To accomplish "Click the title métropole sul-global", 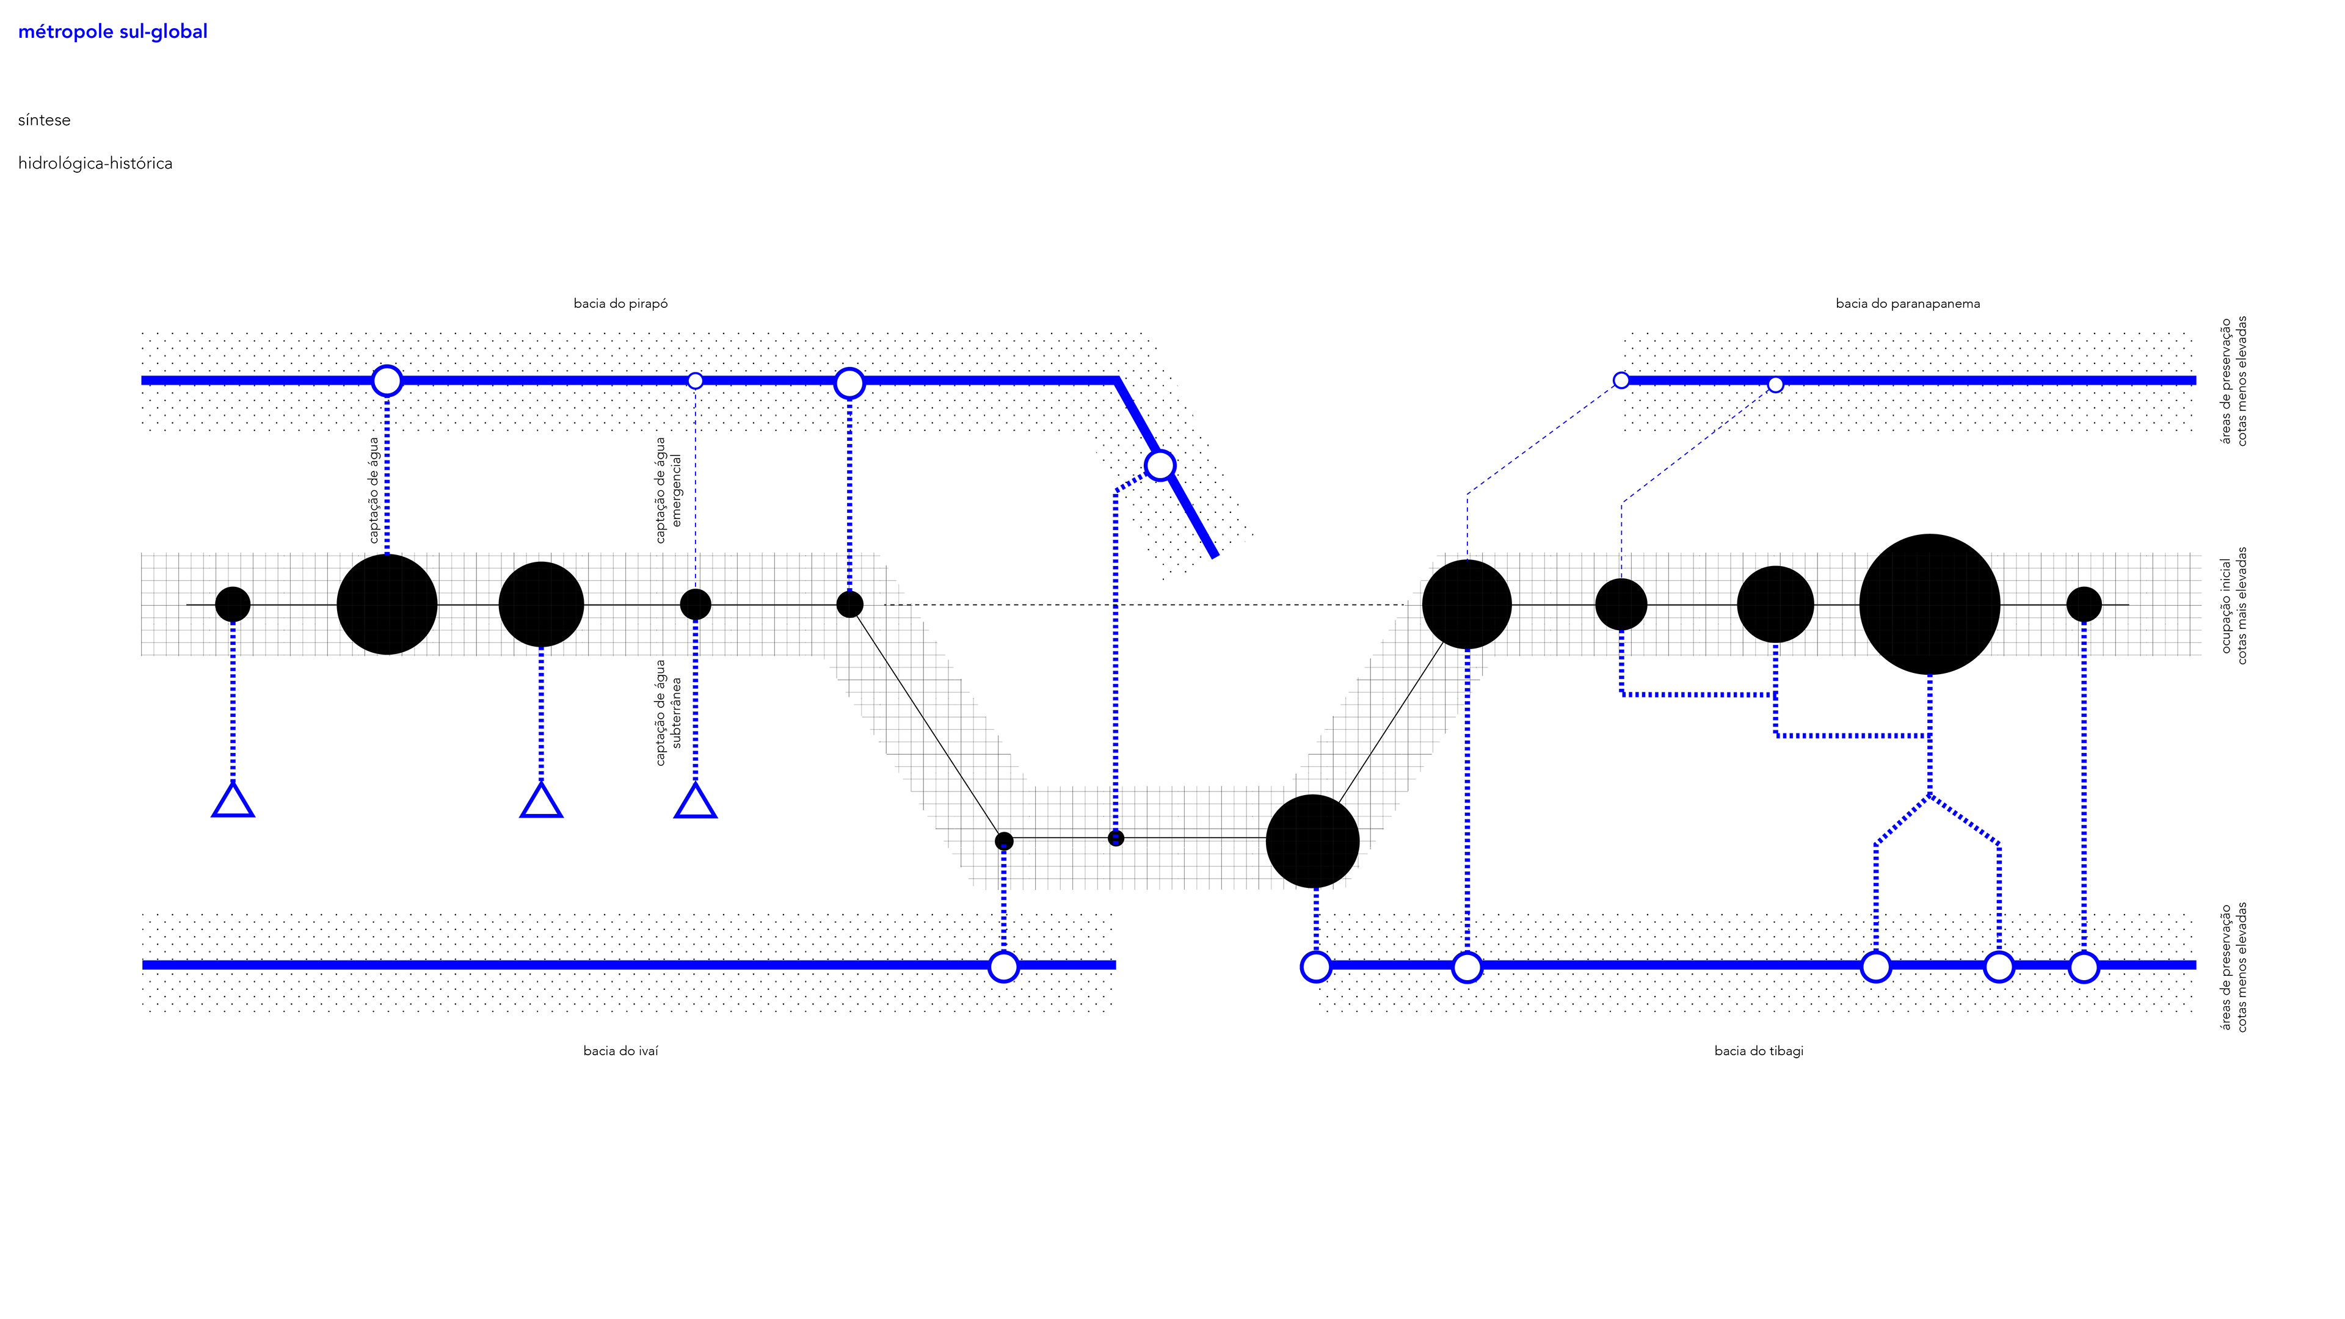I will [113, 32].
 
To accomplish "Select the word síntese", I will [44, 120].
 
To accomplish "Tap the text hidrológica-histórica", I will [95, 164].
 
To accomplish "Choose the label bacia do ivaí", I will [620, 1050].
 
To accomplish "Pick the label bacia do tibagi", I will [1758, 1050].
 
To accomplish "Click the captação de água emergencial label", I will [668, 490].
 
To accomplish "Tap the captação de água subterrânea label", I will [668, 713].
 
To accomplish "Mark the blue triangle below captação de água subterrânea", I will [696, 802].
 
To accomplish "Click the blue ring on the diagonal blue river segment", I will [1160, 465].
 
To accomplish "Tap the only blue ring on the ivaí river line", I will [1003, 967].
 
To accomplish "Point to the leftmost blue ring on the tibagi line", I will [1315, 967].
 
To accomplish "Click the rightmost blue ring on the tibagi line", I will [2084, 967].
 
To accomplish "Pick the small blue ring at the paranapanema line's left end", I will [1620, 380].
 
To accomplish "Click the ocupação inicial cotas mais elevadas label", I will [2234, 605].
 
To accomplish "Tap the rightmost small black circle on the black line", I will [2084, 603].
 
